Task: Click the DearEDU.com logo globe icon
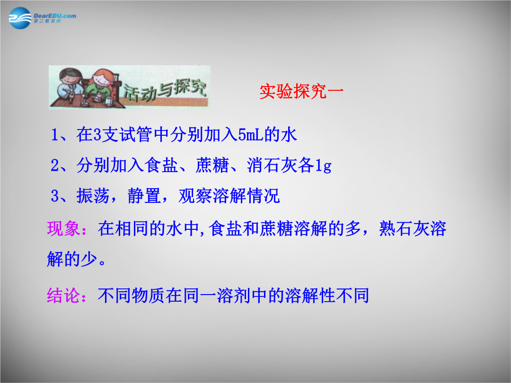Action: tap(20, 18)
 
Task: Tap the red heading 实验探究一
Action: tap(301, 91)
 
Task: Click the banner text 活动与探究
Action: tap(165, 89)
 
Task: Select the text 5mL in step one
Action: tap(251, 135)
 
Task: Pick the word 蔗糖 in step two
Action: tap(212, 165)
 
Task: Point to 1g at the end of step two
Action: tap(323, 165)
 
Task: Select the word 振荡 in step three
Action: tap(93, 196)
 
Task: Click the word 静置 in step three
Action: tap(144, 196)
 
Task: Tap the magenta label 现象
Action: tap(63, 229)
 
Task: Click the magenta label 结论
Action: tap(63, 296)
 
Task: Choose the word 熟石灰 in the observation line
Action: tap(404, 229)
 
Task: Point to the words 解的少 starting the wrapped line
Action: tap(72, 259)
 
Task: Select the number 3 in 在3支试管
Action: tap(97, 135)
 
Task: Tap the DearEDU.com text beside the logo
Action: tap(55, 16)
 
